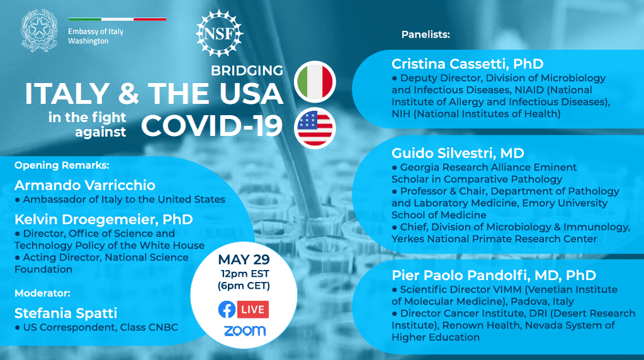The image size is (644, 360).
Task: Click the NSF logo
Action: (219, 33)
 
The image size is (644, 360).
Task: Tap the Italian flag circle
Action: (315, 82)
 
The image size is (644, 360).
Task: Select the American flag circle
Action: (315, 128)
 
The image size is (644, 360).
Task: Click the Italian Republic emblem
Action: (40, 31)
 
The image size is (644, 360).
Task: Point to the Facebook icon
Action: (227, 310)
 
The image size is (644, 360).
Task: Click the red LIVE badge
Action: (253, 310)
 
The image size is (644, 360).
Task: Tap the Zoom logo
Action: (245, 331)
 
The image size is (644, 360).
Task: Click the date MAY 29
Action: (244, 259)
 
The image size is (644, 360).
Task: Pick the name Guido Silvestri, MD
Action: (458, 153)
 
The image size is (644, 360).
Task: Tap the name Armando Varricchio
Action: (85, 185)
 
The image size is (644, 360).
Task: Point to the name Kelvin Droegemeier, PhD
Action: (104, 220)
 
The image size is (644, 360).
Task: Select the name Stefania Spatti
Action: (65, 313)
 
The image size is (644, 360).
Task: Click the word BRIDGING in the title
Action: (247, 70)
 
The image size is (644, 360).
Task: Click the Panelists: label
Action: (426, 35)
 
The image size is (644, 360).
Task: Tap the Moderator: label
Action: (42, 293)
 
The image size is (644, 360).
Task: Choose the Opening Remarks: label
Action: (62, 166)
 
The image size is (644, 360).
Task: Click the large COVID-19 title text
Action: (212, 125)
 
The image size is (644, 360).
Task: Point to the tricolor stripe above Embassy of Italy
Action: (118, 20)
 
